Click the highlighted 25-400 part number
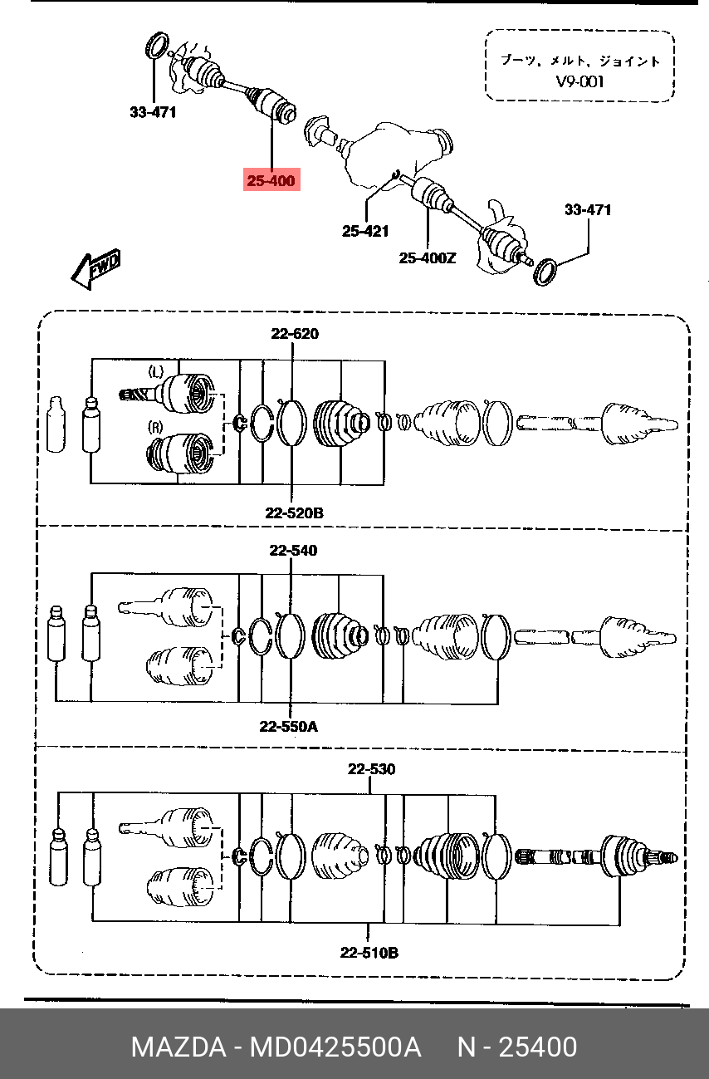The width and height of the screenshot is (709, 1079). (x=271, y=180)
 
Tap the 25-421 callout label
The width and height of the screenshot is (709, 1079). (x=365, y=231)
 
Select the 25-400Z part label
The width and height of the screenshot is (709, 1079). (x=428, y=258)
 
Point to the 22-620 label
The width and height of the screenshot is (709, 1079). (x=295, y=333)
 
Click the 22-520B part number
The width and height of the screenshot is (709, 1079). (x=295, y=513)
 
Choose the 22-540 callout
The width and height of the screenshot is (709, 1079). (x=293, y=550)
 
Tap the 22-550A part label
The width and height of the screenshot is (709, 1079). (x=289, y=727)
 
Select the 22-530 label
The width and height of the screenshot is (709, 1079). (x=372, y=769)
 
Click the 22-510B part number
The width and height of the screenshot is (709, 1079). (x=369, y=952)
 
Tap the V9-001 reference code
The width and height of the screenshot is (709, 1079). (x=579, y=81)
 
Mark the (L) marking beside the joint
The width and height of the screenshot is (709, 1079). (x=155, y=371)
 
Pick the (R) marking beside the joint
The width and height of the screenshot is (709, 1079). (x=155, y=427)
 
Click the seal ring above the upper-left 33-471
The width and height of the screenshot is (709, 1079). (x=155, y=46)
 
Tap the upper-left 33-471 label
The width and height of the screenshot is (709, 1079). (x=153, y=112)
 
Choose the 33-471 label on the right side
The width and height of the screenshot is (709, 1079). (x=588, y=209)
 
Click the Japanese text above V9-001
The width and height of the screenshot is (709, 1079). (x=580, y=61)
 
